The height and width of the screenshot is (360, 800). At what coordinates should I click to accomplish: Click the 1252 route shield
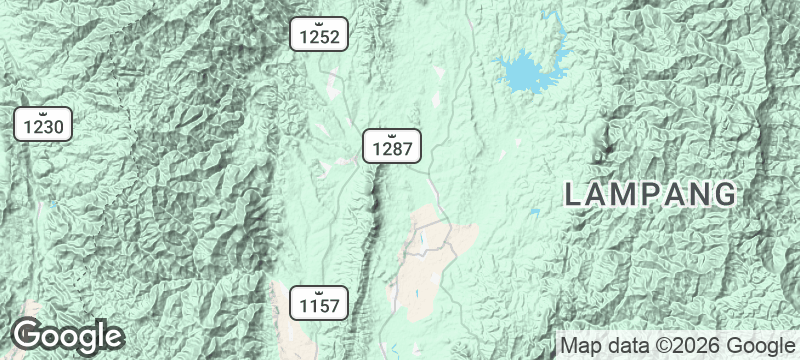tap(322, 36)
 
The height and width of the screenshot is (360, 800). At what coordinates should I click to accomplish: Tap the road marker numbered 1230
tap(43, 125)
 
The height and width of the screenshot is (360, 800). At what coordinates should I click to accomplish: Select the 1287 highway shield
tap(391, 147)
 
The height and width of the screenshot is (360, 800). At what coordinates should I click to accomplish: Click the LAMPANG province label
tap(651, 194)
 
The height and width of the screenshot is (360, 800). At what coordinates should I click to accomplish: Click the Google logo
tap(68, 335)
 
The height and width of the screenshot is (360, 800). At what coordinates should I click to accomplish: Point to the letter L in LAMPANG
tap(573, 194)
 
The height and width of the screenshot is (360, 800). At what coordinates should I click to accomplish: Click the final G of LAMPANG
tap(727, 194)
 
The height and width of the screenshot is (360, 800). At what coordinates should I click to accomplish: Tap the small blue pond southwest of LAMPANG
tap(536, 212)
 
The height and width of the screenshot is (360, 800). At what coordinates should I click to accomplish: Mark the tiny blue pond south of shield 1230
tap(53, 204)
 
